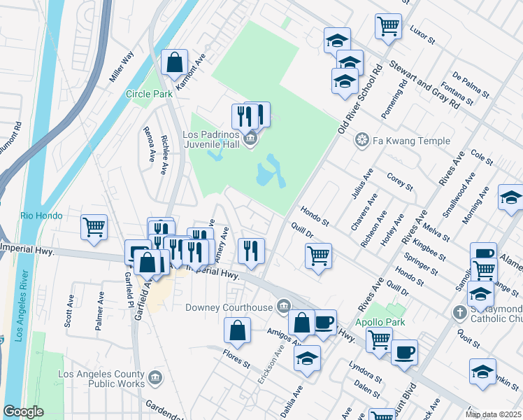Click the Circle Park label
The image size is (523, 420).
point(148,94)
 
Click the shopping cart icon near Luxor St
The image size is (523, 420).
point(388,27)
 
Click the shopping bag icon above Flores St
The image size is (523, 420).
point(238,331)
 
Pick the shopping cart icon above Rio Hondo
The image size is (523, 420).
point(94,226)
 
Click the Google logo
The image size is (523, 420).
point(24,412)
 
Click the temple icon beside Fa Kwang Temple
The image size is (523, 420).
point(362,141)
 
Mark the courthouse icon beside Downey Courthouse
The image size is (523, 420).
point(284,306)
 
